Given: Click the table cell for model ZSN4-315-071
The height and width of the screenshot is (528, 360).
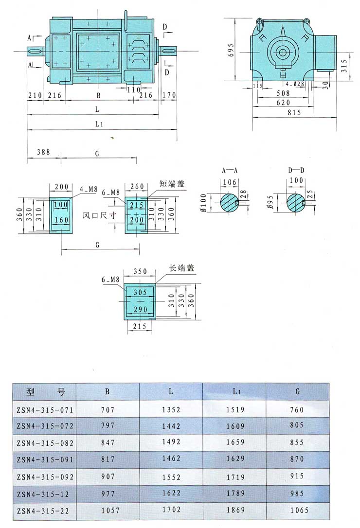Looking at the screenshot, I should click(44, 410).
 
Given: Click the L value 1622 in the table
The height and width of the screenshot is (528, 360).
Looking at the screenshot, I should click(171, 493).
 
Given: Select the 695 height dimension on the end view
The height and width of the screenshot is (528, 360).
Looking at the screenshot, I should click(231, 49).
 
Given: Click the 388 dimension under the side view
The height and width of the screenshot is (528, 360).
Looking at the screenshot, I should click(44, 153).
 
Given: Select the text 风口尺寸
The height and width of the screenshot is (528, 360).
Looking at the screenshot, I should click(99, 214).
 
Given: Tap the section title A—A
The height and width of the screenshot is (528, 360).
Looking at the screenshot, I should click(229, 171).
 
